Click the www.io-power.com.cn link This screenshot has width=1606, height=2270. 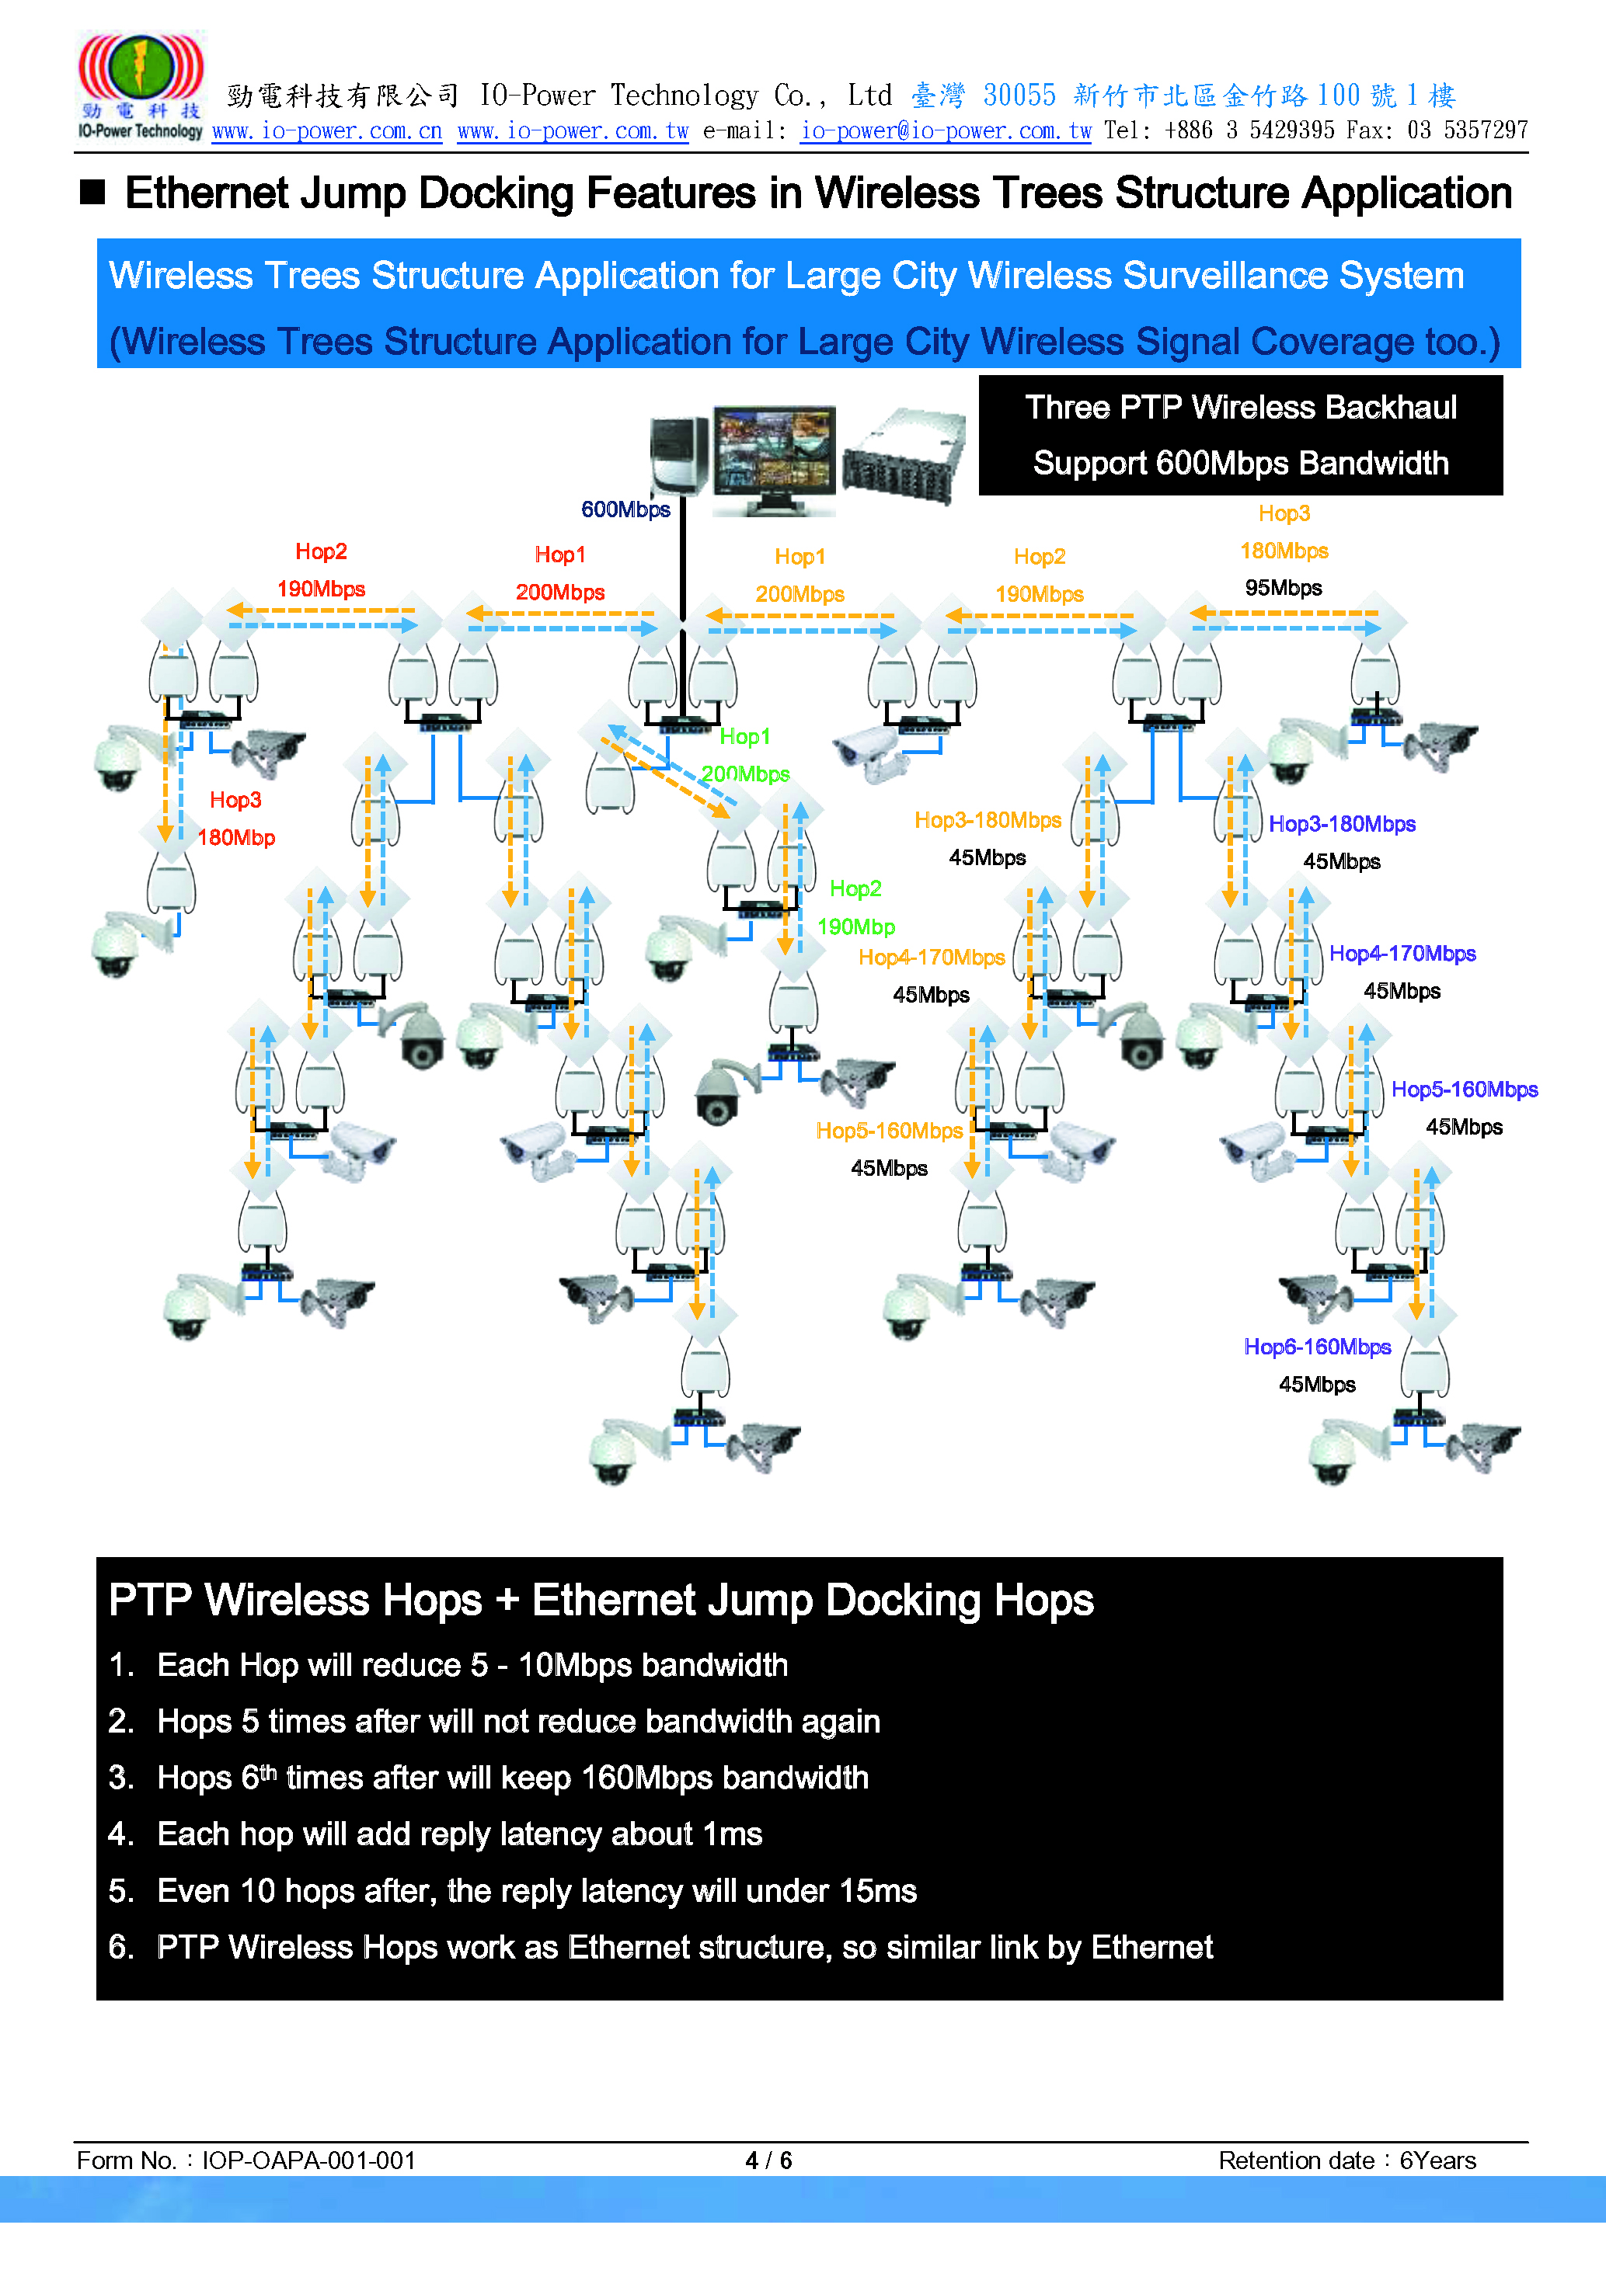click(326, 130)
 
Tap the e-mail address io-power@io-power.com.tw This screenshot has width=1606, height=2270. click(946, 130)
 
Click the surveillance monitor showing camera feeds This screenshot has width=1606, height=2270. click(775, 460)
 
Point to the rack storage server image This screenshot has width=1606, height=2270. click(903, 457)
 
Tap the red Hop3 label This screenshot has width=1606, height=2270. click(235, 799)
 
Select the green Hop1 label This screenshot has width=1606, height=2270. click(744, 735)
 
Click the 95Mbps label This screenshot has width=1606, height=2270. click(1283, 587)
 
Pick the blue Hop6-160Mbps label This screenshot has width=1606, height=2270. click(1316, 1347)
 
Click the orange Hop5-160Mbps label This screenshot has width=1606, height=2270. click(889, 1130)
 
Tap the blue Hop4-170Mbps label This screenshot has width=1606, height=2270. click(1402, 953)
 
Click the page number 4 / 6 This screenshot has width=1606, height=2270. click(768, 2160)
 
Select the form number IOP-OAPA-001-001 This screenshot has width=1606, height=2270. click(308, 2160)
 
